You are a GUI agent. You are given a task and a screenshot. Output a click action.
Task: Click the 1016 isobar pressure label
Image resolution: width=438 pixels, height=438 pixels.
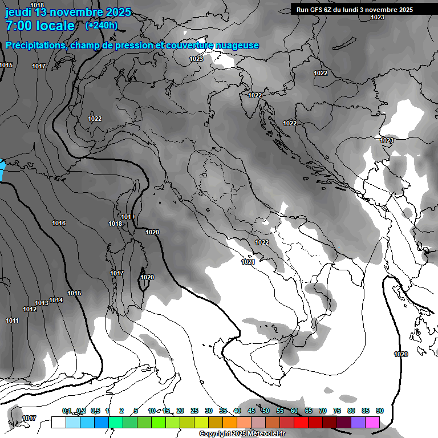coord(59,223)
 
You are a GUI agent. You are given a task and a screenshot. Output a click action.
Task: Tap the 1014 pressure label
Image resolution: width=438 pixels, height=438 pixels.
coord(56,300)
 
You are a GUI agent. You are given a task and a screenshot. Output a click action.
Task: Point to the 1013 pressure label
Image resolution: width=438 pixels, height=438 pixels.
coord(42,303)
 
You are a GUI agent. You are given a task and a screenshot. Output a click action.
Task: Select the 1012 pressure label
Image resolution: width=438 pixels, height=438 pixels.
coord(30,309)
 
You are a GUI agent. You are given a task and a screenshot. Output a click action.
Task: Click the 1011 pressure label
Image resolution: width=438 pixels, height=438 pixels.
coord(12,321)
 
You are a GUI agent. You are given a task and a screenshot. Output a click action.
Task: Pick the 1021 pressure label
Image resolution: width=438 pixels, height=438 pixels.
coord(248,262)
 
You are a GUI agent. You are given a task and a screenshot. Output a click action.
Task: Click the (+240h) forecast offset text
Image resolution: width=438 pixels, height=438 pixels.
coord(102,25)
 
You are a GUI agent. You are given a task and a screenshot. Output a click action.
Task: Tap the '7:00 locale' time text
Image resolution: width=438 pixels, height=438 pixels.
coord(40,26)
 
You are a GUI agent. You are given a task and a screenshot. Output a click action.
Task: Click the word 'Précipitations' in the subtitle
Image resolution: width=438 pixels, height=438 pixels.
coord(35,46)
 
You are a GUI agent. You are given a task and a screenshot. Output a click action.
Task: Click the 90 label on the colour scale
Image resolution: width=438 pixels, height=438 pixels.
coord(380,411)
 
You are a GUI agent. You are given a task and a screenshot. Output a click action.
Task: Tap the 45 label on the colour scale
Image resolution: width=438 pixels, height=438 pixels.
coord(252,411)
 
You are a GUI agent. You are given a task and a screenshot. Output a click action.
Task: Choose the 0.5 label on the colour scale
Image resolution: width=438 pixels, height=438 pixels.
coord(95,411)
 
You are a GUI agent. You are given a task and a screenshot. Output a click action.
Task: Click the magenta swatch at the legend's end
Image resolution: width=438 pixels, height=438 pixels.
coord(372,422)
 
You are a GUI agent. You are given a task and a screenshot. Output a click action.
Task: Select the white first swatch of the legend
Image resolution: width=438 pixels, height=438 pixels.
coord(59,422)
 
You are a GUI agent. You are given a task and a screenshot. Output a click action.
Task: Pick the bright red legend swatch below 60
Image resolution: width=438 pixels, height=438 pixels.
coord(301,422)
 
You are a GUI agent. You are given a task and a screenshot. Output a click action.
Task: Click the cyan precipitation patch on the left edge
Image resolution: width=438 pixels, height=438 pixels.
coord(2,171)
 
